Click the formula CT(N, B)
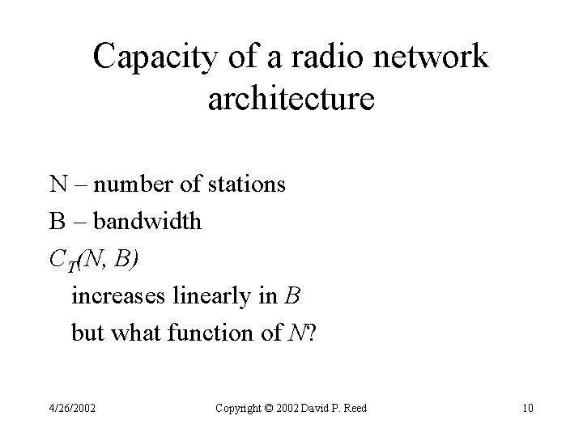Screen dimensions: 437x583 (x=93, y=258)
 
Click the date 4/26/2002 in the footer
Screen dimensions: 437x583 (x=73, y=409)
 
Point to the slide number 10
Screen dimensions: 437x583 (x=527, y=409)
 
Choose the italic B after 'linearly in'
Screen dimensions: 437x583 (x=293, y=295)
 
